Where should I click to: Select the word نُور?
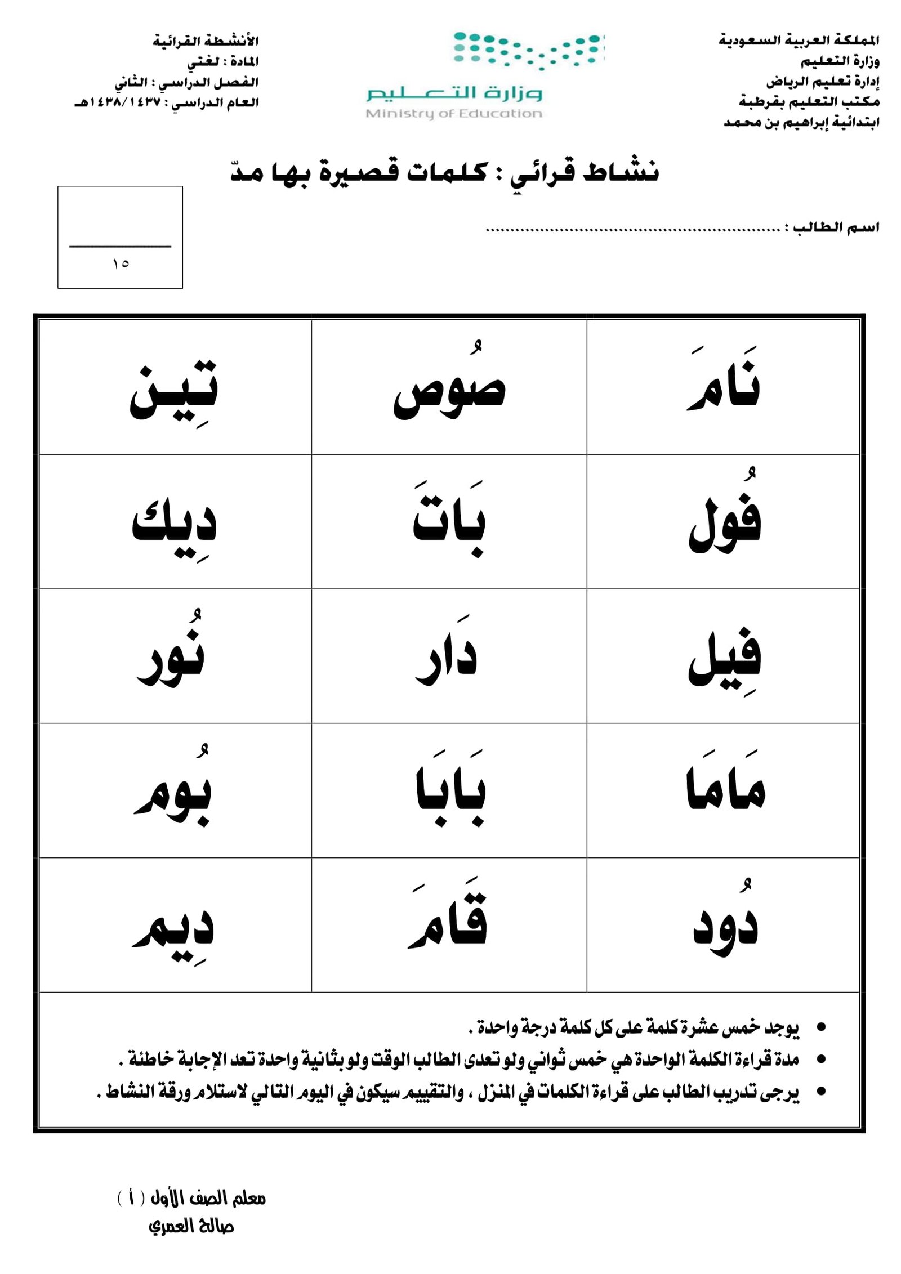[171, 656]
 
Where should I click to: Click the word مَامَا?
[725, 788]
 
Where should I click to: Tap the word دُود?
[725, 926]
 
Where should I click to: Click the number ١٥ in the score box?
[121, 263]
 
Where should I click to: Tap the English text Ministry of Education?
[453, 114]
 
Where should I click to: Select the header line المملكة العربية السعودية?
[799, 41]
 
